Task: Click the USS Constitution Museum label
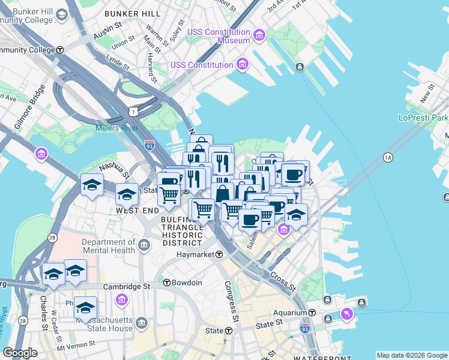pos(210,36)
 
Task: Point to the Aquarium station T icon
pos(312,313)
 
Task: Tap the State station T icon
pos(229,331)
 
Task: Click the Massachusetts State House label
pos(103,324)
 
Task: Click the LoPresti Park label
pos(423,118)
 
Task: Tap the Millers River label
pos(116,128)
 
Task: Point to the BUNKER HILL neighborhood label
pos(132,13)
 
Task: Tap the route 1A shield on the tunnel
pos(387,157)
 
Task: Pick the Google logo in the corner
pos(20,352)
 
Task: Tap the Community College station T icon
pos(60,50)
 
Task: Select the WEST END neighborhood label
pos(137,211)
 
